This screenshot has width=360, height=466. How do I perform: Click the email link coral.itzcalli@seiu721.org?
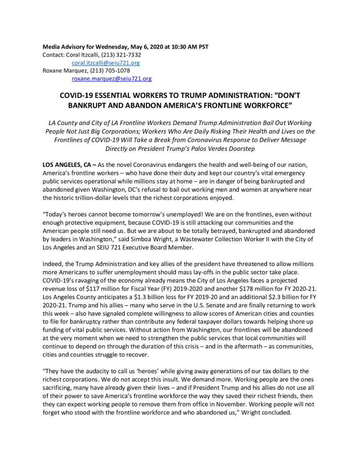106,63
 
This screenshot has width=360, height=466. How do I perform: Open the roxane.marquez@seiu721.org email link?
112,79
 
